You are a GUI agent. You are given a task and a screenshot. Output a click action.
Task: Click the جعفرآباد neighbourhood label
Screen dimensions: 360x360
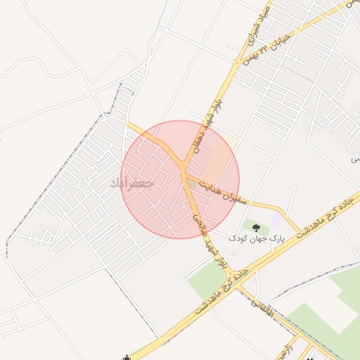132,183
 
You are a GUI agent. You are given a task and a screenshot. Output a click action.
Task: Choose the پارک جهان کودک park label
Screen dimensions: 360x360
257,238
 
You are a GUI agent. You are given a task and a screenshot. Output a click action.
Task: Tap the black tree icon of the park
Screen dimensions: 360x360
255,227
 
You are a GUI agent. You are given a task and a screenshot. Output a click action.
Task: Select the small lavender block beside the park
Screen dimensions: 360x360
276,221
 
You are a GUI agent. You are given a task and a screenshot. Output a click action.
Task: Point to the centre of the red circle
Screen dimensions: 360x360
180,179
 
